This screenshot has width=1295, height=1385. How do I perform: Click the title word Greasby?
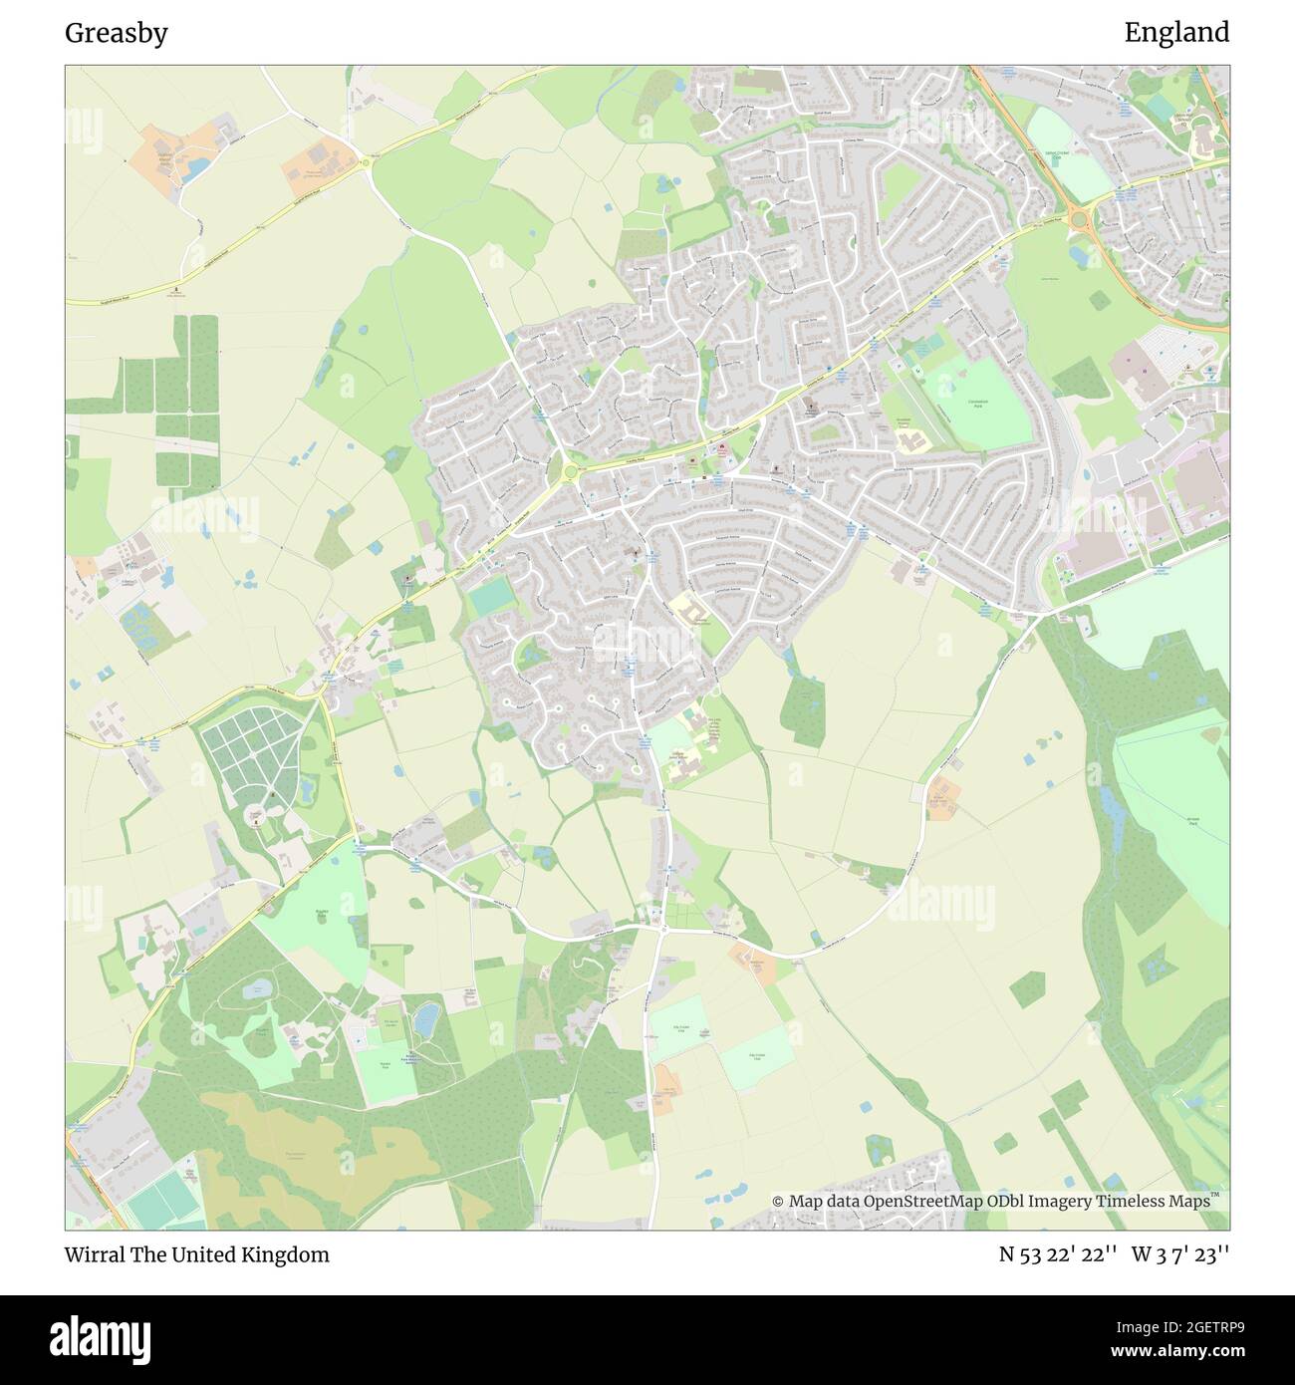[117, 33]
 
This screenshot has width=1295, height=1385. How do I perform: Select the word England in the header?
[1176, 33]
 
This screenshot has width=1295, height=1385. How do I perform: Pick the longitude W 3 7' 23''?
[1179, 1254]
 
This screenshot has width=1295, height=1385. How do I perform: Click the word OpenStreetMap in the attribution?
[923, 1201]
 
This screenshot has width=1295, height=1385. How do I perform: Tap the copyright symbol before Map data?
[778, 1202]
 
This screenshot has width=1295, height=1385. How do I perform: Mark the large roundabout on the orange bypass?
[1078, 218]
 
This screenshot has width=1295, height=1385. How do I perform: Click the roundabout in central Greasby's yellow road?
[570, 474]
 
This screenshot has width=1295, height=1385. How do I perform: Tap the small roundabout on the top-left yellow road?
[366, 162]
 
